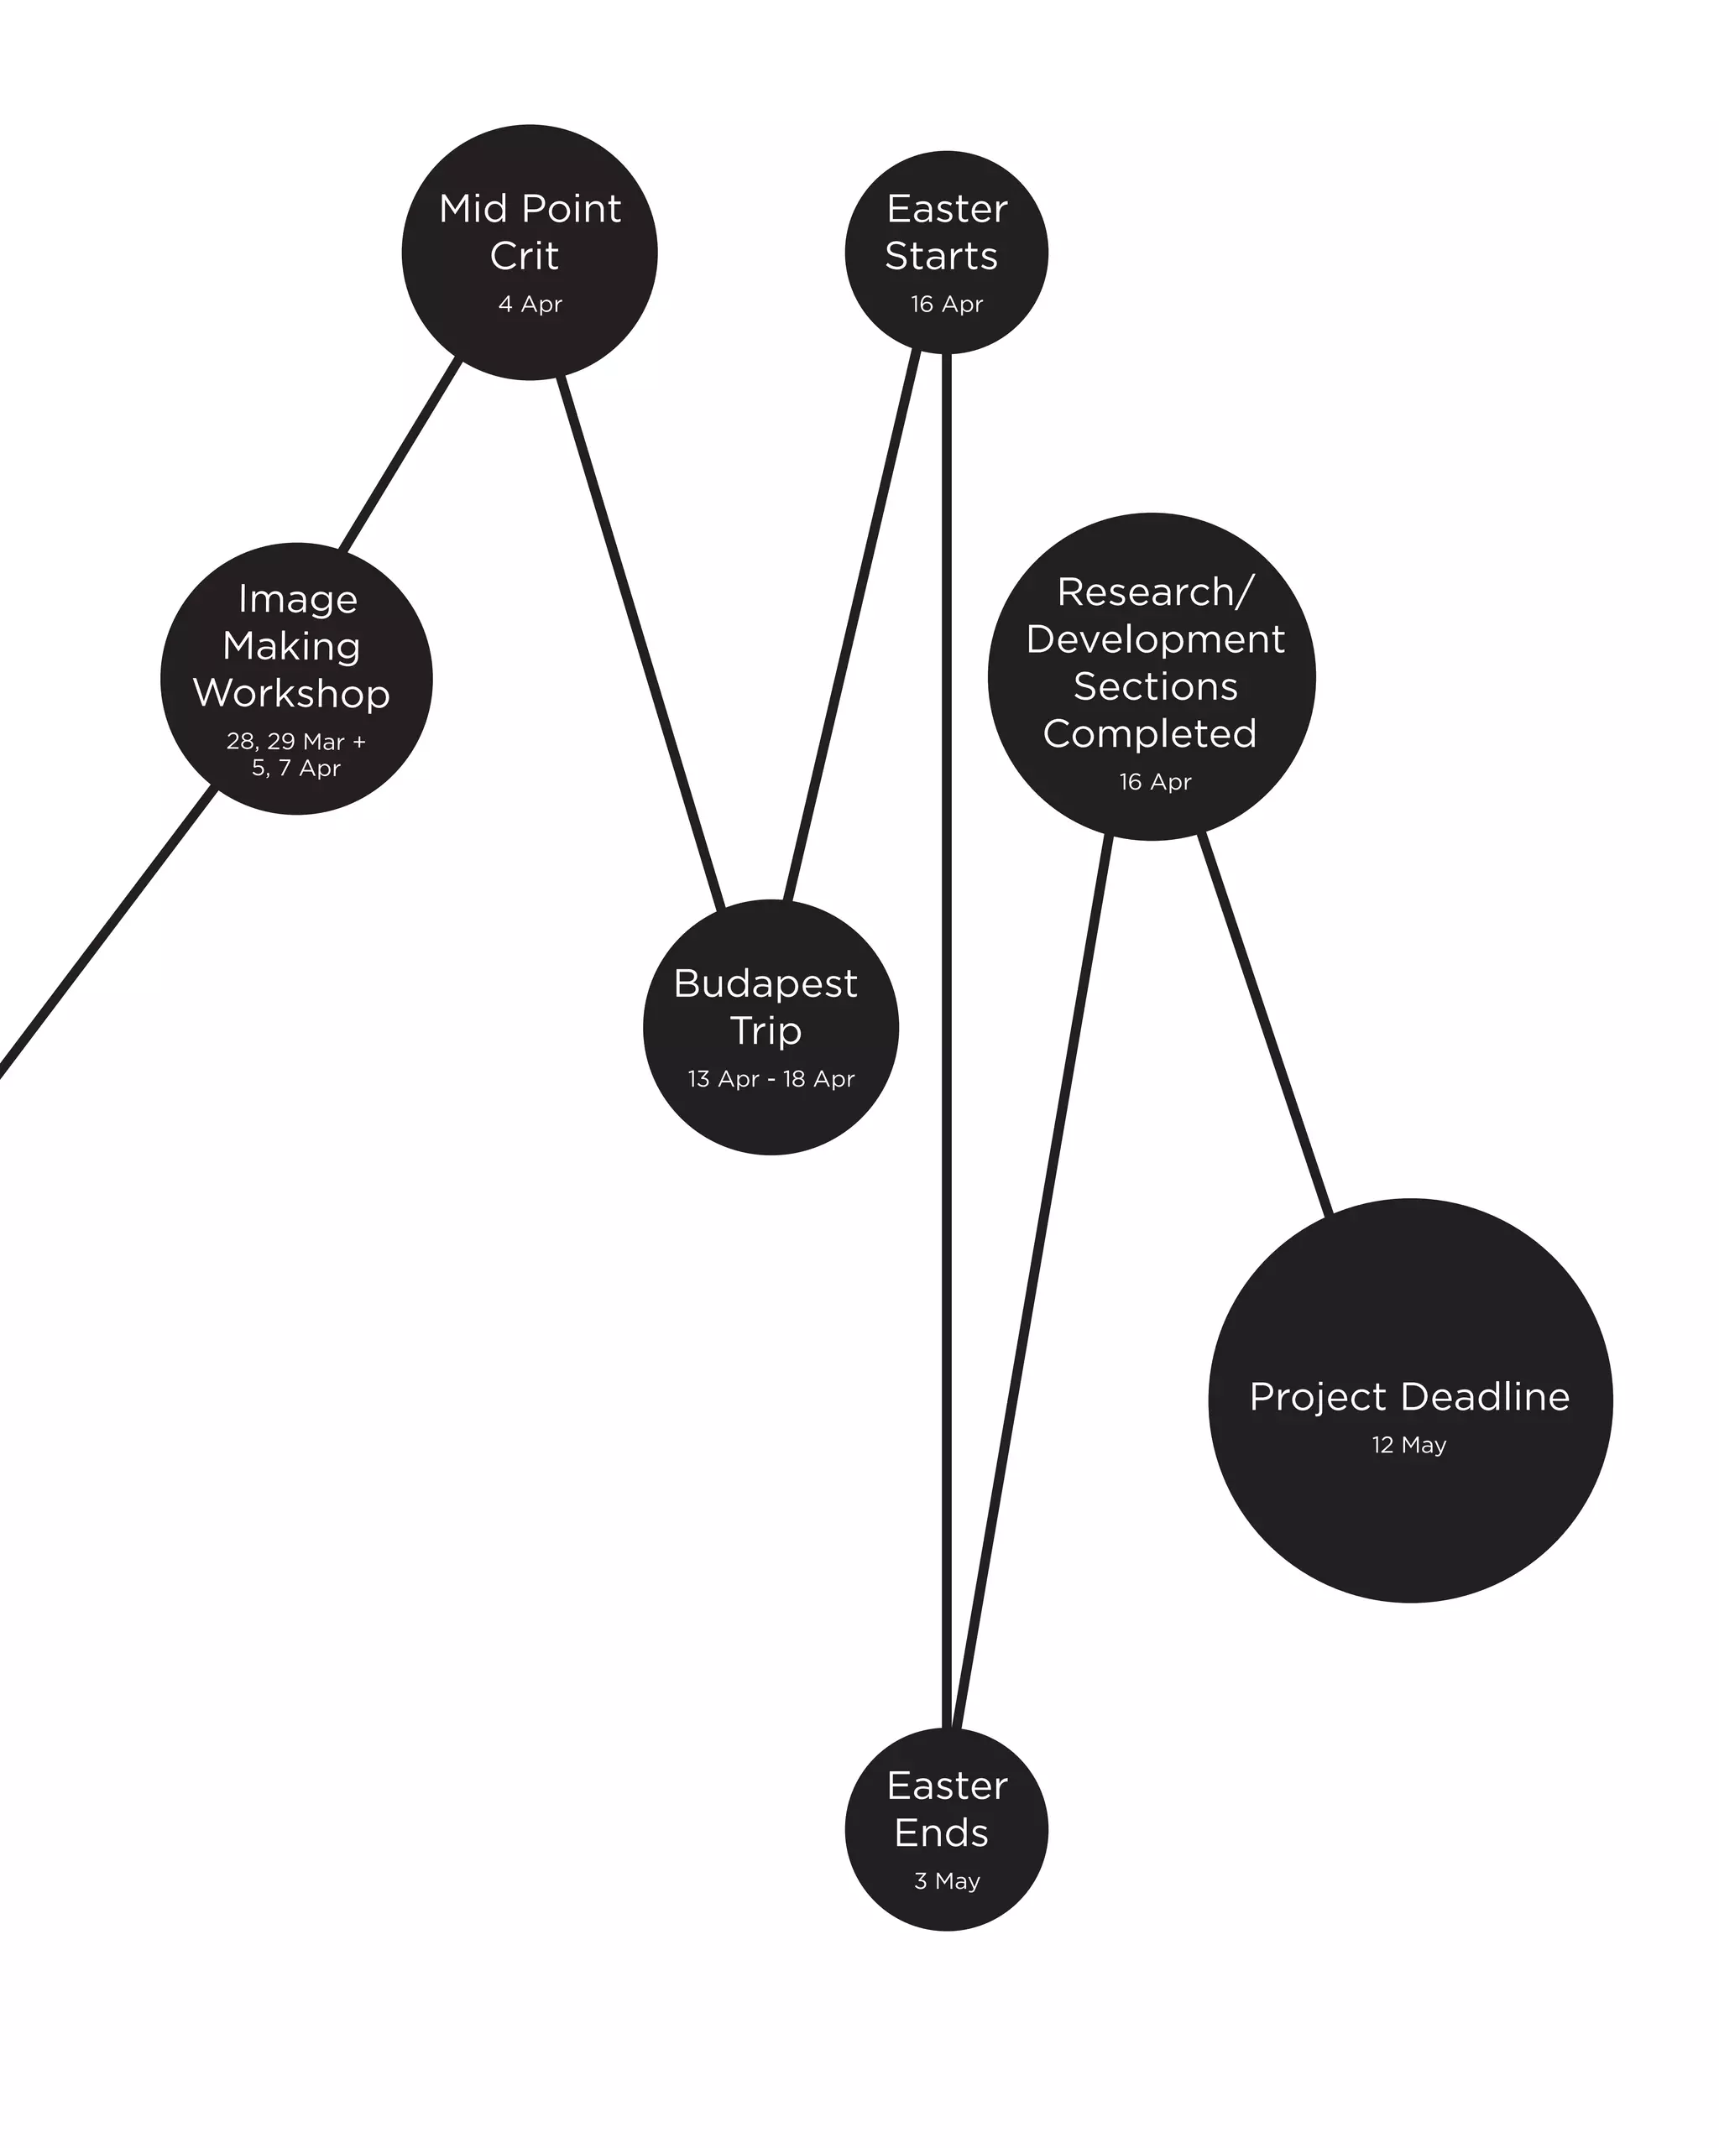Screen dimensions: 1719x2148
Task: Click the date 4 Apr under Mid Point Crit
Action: point(530,304)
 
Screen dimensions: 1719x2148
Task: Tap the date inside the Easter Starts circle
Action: point(947,304)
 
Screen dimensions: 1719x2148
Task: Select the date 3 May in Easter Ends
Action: point(947,1880)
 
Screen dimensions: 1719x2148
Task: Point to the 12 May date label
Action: point(1409,1445)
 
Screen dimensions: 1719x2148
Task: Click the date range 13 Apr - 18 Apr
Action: point(771,1079)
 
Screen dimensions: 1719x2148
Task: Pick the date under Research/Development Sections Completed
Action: point(1155,782)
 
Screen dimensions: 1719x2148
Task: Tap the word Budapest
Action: point(765,983)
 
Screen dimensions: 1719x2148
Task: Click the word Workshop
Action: point(292,693)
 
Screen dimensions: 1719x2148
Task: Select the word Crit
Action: point(524,256)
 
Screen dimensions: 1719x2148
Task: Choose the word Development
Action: point(1155,639)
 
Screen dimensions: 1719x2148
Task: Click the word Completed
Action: point(1150,734)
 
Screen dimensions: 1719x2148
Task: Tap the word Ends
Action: point(942,1833)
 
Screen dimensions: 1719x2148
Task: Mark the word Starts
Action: point(942,256)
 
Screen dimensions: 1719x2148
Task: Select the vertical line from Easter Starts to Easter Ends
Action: point(947,996)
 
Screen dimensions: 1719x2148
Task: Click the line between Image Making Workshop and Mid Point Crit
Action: point(400,453)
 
